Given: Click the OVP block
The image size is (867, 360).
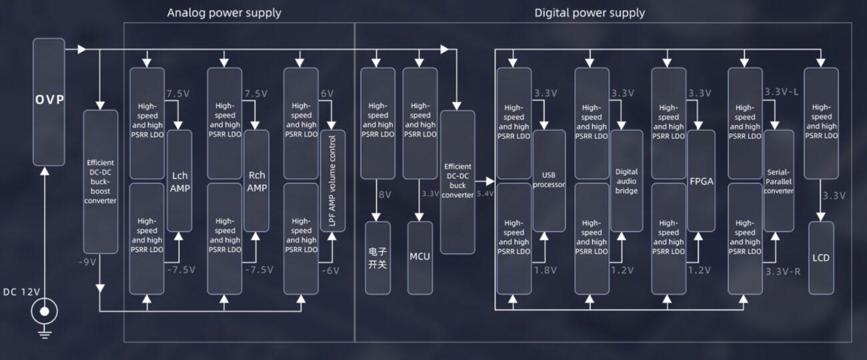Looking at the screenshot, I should (x=49, y=101).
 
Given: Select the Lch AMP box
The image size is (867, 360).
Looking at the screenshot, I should (x=179, y=181).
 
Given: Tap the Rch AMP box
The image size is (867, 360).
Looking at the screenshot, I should (x=257, y=181).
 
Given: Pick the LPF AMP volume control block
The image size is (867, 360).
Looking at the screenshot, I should (x=333, y=181).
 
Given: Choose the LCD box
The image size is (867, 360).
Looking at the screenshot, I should (x=821, y=258).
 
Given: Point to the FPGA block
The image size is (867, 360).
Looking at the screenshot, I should (x=701, y=181).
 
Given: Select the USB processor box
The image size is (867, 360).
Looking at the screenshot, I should (x=549, y=181).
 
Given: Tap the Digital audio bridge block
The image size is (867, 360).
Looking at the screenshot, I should (x=626, y=181).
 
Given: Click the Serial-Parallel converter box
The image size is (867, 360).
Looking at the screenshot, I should (x=778, y=181).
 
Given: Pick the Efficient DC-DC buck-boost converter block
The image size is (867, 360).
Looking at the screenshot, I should (x=101, y=181).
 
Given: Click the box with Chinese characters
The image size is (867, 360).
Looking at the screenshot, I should (x=377, y=258).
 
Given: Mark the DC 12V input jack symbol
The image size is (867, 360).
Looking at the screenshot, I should (x=45, y=311).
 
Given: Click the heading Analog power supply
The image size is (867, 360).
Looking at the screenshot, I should (x=224, y=13).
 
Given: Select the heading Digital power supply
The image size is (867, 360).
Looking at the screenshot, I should (x=590, y=13).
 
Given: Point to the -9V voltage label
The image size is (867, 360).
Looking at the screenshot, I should (x=87, y=261).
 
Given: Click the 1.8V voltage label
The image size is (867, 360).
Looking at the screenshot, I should (x=545, y=271).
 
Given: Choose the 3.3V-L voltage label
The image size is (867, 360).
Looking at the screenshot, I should (x=782, y=91).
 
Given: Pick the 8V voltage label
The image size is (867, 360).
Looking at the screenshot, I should (x=385, y=195).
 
